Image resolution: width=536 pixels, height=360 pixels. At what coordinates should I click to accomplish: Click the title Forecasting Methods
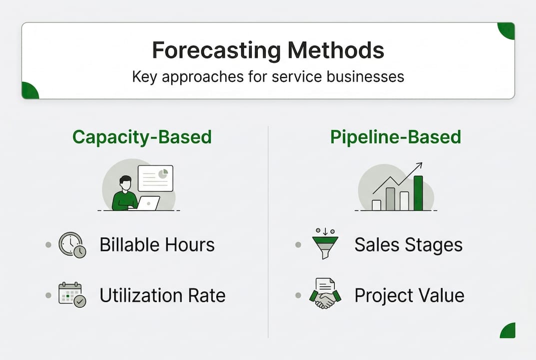tap(268, 50)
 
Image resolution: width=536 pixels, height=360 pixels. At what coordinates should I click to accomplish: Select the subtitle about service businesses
tap(268, 77)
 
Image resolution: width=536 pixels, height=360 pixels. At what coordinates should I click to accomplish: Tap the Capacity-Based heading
tap(142, 137)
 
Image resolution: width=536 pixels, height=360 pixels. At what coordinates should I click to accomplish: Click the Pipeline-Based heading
tap(396, 137)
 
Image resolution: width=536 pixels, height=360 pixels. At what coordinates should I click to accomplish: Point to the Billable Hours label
tap(157, 245)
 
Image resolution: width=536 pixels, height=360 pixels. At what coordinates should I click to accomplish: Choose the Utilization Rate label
tap(162, 295)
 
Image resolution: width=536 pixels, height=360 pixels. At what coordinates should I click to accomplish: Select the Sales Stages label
tap(408, 245)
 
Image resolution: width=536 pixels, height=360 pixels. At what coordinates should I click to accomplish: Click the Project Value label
tap(409, 295)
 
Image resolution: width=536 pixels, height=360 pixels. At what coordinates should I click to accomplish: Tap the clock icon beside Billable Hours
tap(71, 244)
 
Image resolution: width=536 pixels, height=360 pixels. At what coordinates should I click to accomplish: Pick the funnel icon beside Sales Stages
tap(325, 243)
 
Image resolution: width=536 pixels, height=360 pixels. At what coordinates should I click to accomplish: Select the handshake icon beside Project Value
tap(325, 294)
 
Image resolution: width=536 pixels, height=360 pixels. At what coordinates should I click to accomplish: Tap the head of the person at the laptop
tap(125, 182)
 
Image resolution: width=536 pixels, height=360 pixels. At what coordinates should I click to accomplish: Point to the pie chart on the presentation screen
tap(162, 173)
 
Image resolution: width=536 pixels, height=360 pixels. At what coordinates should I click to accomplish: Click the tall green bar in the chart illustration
tap(418, 193)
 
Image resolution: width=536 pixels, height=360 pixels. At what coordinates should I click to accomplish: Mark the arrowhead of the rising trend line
tap(420, 165)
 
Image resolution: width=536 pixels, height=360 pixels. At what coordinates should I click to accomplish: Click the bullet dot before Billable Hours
tap(48, 245)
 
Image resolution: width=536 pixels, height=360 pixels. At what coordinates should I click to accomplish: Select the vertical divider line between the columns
tap(268, 230)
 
